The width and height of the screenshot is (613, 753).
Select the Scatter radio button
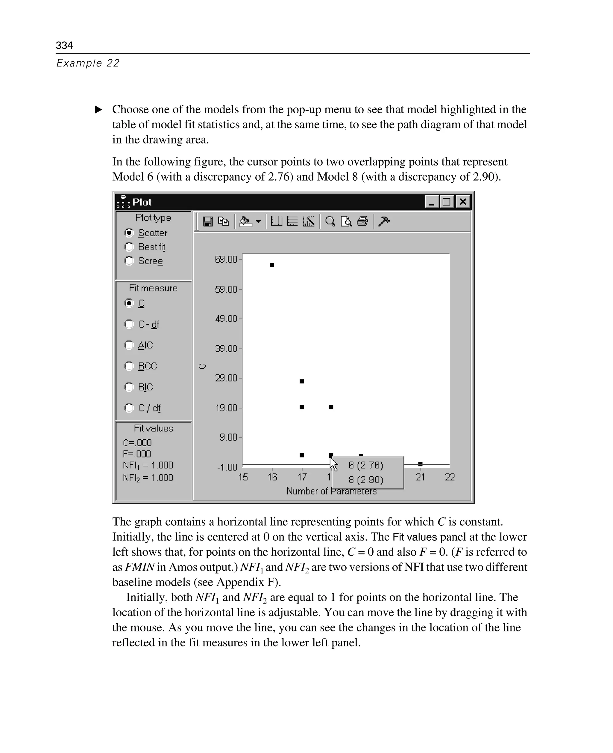pos(129,233)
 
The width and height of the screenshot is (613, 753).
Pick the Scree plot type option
pos(129,261)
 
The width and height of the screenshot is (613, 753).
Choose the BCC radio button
pos(129,366)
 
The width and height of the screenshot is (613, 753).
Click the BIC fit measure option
pos(129,387)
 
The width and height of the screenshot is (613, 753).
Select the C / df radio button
pos(129,408)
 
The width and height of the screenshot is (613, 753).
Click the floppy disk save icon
pos(208,222)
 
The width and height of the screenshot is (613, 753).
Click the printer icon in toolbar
pos(362,222)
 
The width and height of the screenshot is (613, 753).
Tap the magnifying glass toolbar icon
pos(330,222)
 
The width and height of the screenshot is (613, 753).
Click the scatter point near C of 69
pos(272,265)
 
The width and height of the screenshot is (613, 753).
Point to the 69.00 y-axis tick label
pos(226,259)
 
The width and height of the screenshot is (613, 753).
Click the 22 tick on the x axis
pos(450,477)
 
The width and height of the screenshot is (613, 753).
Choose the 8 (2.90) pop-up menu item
pos(366,480)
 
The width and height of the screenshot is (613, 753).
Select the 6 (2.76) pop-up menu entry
pos(366,465)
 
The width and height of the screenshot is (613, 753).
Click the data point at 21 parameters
pos(420,464)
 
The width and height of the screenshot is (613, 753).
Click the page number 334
pos(64,45)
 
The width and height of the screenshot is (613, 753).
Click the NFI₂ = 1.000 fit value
pos(148,478)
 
